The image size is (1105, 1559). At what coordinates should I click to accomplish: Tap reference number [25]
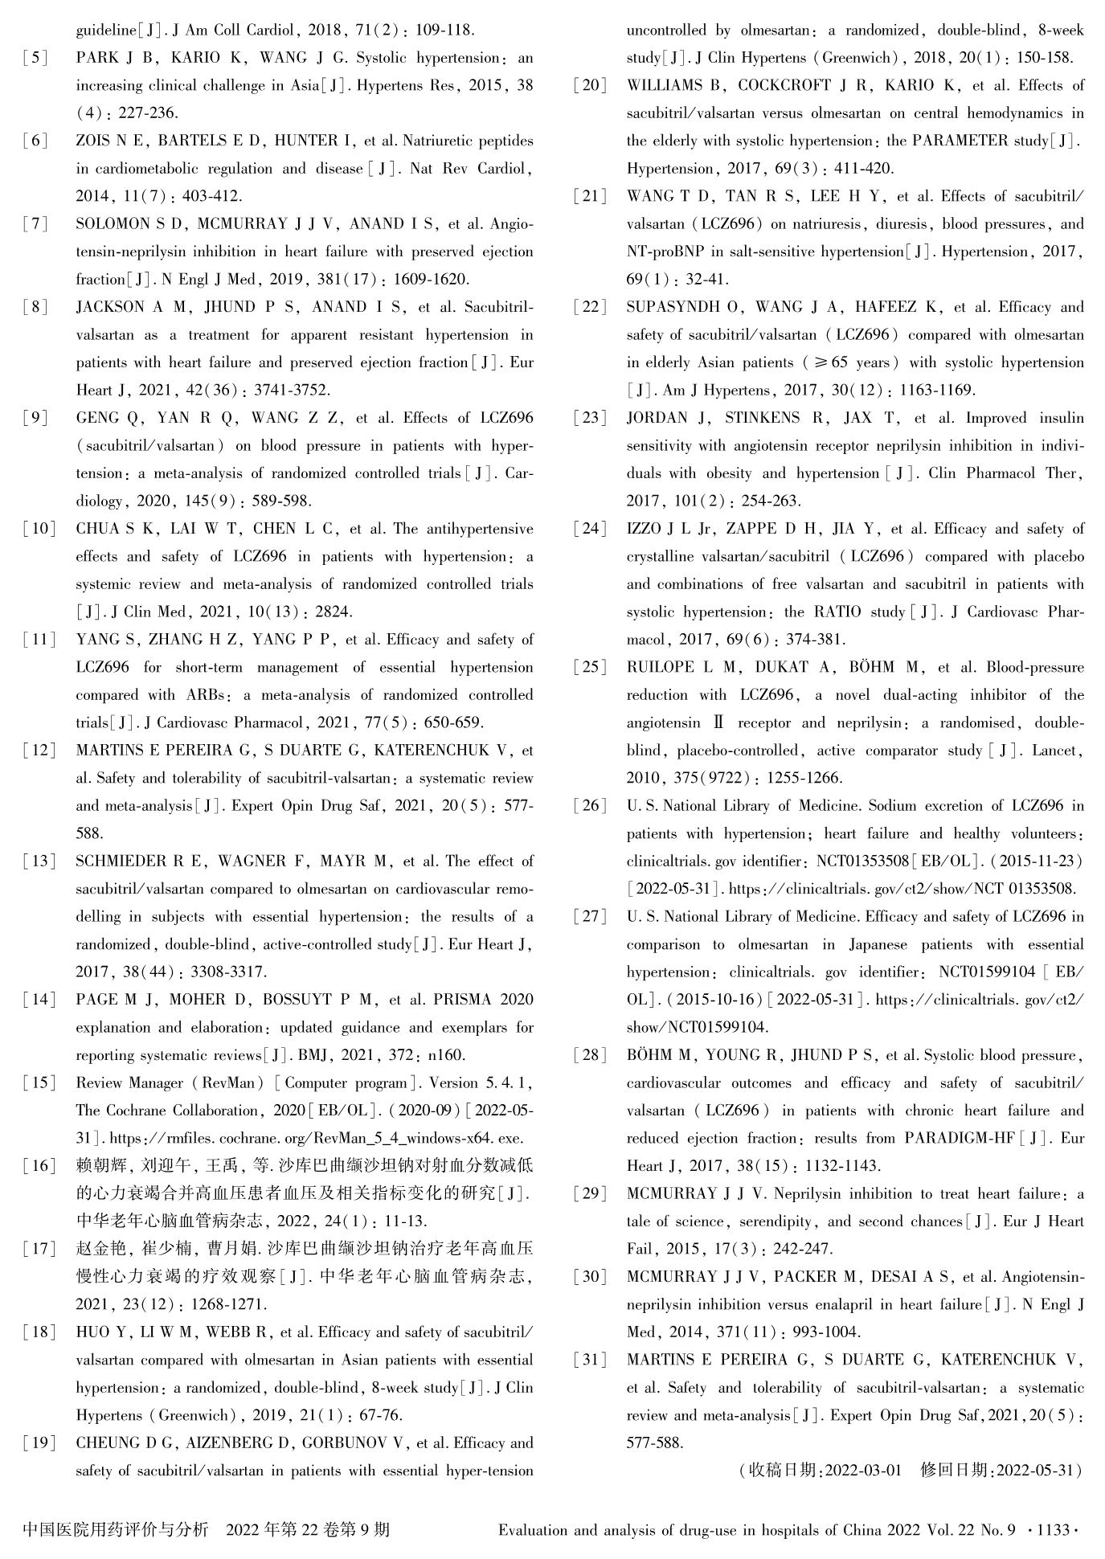click(590, 668)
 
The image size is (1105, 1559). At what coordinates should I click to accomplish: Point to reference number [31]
click(590, 1360)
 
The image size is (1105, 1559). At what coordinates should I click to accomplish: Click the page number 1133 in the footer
click(1052, 1530)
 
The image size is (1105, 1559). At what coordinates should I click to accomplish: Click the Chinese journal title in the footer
click(117, 1529)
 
